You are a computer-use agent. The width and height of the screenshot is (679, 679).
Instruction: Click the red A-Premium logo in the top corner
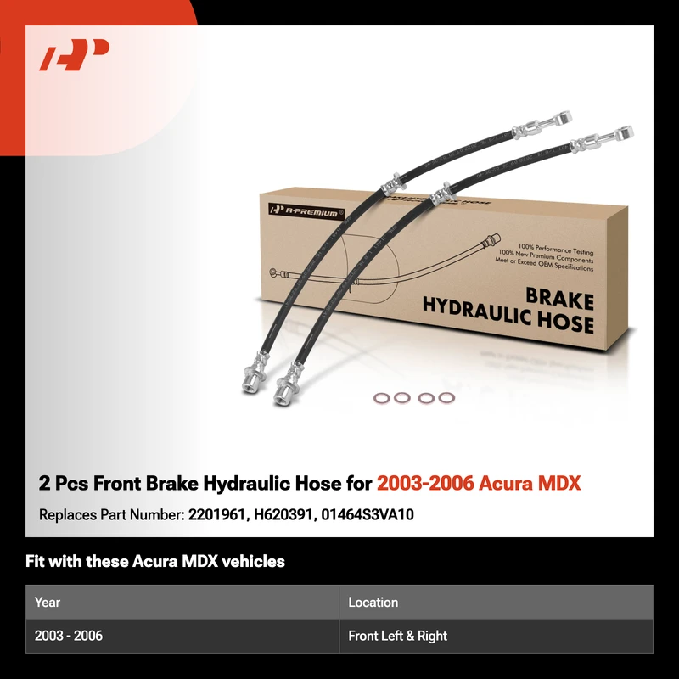[74, 54]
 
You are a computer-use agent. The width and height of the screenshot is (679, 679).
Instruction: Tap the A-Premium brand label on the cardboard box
[306, 211]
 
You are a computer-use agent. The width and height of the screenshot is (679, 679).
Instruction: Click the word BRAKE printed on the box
[559, 300]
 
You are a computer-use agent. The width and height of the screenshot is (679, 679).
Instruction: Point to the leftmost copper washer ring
[382, 398]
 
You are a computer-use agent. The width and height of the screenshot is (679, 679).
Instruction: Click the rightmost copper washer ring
[446, 397]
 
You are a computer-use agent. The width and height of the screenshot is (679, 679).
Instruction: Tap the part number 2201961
[216, 514]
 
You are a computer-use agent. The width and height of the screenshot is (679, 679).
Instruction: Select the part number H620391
[283, 514]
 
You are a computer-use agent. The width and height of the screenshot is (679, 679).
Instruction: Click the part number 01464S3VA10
[368, 514]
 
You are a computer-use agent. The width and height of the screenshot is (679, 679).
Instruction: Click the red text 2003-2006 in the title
[425, 483]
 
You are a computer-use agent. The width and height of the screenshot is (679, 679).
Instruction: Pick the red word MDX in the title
[559, 483]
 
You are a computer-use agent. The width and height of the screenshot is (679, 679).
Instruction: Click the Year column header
[48, 602]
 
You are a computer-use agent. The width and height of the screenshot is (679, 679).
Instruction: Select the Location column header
[373, 602]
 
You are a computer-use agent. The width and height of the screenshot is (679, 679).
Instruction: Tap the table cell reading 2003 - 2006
[69, 636]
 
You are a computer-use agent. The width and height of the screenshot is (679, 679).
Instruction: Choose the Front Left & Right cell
[397, 636]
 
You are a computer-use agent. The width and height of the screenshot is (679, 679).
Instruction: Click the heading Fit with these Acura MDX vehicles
[155, 561]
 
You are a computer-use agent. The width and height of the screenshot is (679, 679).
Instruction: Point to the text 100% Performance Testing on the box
[556, 249]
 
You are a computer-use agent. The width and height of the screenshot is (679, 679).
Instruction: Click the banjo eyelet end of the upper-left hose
[564, 117]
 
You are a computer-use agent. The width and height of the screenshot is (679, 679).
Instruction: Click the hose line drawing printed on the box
[384, 264]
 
